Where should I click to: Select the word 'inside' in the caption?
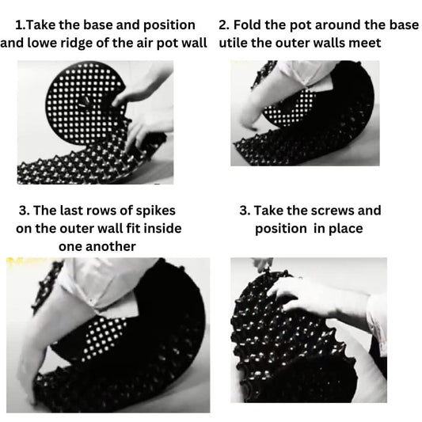(162, 228)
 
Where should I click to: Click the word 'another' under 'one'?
(111, 246)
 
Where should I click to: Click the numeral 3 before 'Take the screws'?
(244, 211)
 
